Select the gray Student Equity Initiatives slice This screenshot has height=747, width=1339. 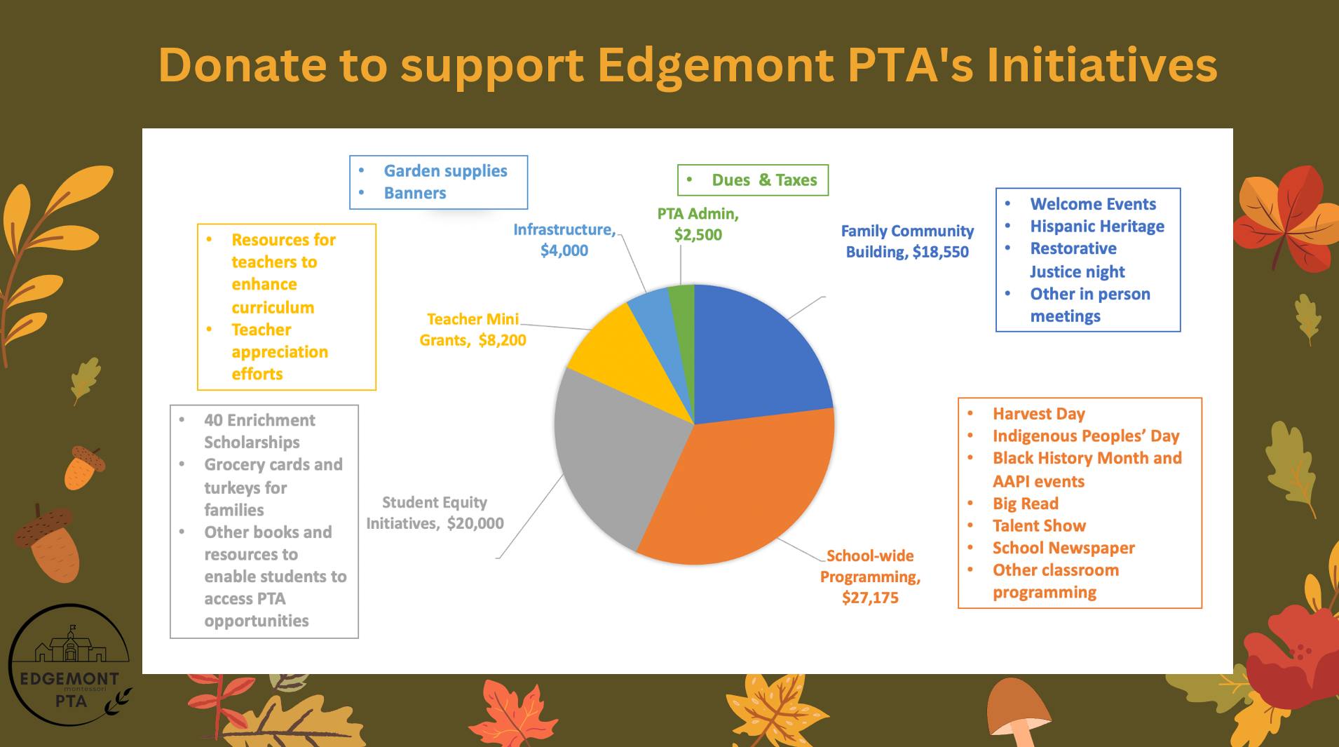610,456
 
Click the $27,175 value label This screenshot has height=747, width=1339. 870,598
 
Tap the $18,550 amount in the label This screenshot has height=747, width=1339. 941,253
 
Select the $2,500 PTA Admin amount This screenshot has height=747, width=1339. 698,235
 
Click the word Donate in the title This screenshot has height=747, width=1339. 243,65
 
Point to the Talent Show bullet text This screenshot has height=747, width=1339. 1039,526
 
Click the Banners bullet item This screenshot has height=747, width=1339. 415,194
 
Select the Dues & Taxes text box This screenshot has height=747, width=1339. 753,180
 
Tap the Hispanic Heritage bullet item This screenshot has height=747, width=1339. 1097,227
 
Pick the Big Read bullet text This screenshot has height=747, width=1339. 1026,504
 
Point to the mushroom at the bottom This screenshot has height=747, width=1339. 1020,713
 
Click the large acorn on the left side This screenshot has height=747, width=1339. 48,543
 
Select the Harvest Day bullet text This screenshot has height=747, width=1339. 1039,414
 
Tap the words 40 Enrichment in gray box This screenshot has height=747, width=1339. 259,420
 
